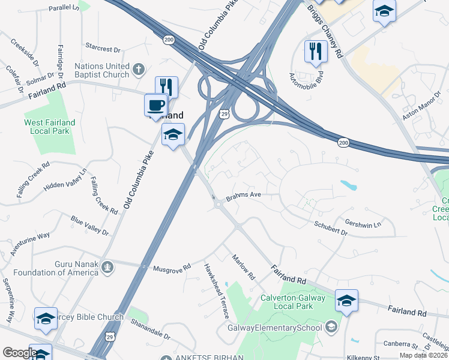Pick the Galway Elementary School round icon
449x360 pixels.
click(x=331, y=327)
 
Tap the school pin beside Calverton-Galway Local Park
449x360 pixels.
click(x=346, y=301)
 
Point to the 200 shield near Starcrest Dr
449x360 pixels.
click(x=168, y=39)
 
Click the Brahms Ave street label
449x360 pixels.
click(x=243, y=196)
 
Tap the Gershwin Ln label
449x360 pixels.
click(x=363, y=222)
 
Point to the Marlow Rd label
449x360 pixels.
click(x=244, y=268)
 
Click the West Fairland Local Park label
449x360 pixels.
click(x=50, y=127)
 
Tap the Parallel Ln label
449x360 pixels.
click(x=63, y=8)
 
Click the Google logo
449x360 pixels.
click(x=19, y=353)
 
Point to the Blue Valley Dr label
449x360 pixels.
click(x=89, y=226)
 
